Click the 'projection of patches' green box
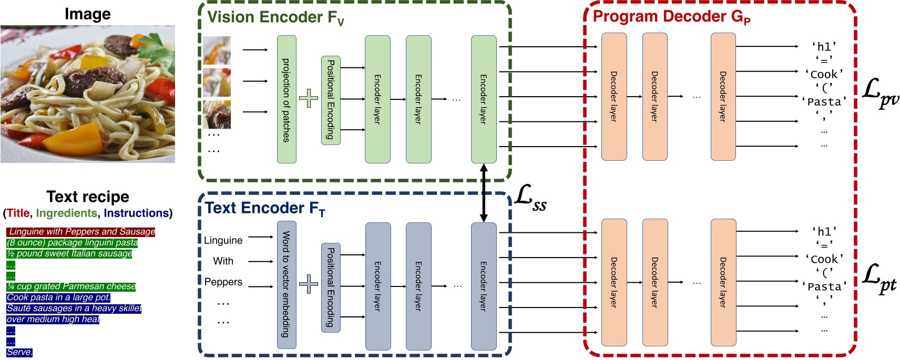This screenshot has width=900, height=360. (x=287, y=99)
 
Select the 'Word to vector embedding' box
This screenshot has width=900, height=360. (x=287, y=284)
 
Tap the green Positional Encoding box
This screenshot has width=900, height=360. (x=331, y=100)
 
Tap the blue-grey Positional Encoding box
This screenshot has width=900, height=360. (x=331, y=287)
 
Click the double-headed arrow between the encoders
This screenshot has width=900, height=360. (x=484, y=193)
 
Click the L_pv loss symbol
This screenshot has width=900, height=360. (x=880, y=93)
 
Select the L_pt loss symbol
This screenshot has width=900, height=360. (x=879, y=278)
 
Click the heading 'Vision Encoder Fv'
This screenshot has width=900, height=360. (x=275, y=17)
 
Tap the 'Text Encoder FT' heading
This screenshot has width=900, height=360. (x=265, y=209)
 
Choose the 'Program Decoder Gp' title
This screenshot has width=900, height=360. (x=671, y=17)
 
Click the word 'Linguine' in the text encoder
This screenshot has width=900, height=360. (x=223, y=240)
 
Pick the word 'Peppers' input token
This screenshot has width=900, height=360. (x=223, y=282)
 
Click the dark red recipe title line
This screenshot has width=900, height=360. (x=81, y=231)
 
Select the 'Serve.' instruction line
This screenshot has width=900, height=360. (x=19, y=352)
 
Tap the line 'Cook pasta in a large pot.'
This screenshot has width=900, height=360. (x=58, y=297)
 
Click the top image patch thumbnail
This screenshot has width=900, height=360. (x=217, y=50)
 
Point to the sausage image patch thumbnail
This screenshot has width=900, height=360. (x=217, y=115)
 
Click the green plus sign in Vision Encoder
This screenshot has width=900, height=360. (x=309, y=98)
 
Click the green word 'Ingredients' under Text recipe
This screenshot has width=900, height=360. (x=66, y=213)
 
